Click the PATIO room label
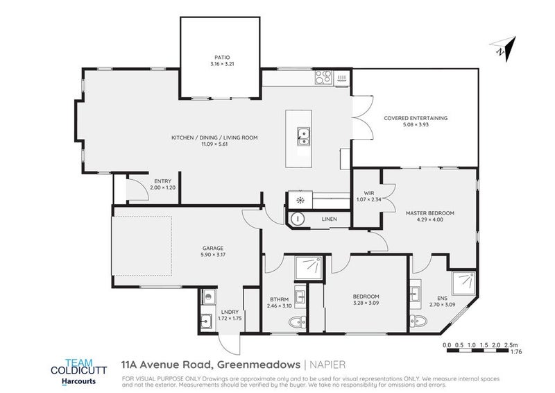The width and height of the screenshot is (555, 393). (221, 58)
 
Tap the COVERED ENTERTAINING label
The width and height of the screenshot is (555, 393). (416, 118)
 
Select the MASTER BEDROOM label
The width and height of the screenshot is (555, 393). (429, 212)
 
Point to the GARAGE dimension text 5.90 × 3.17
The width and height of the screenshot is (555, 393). (212, 254)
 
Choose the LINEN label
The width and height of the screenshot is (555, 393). (329, 219)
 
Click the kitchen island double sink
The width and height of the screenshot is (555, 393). (303, 136)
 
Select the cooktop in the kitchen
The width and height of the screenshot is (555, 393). (323, 79)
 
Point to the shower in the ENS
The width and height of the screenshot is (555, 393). (463, 283)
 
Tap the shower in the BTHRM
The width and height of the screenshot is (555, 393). (307, 267)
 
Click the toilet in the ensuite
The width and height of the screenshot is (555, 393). (415, 320)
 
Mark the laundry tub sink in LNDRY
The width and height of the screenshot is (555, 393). (206, 321)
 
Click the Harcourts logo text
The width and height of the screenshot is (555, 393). (73, 381)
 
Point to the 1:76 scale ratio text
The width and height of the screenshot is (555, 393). (516, 353)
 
